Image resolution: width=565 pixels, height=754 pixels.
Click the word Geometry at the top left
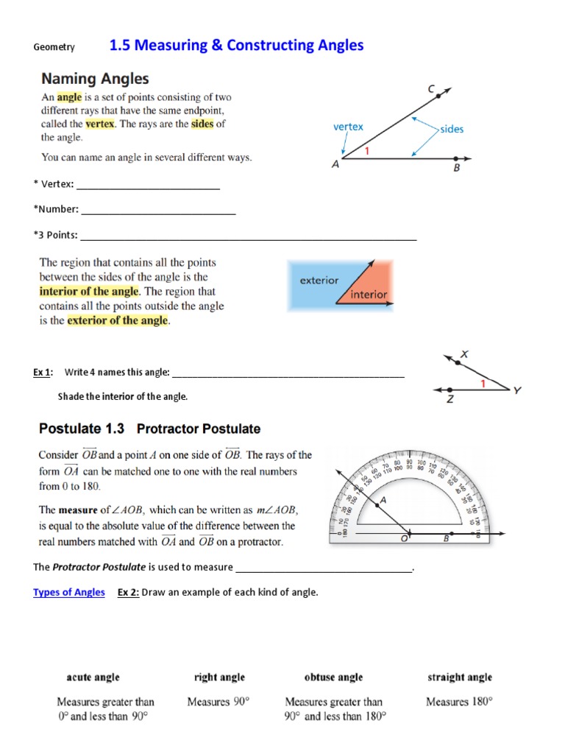coord(54,47)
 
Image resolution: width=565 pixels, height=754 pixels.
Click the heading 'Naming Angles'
coord(95,78)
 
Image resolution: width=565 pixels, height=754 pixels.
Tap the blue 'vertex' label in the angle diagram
coord(348,127)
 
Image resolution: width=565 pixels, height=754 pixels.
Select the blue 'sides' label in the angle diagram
coord(452,129)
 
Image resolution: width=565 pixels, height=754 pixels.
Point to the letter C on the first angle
coord(431,88)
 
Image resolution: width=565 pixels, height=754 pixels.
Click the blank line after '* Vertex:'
coord(148,185)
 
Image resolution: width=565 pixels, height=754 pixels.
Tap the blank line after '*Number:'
coord(158,210)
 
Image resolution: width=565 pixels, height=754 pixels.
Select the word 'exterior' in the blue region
coord(319,281)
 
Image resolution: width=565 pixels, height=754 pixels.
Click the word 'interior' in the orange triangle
coord(369,295)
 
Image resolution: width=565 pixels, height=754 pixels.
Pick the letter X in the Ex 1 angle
coord(463,354)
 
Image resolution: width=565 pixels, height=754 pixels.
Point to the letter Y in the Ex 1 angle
coord(517,390)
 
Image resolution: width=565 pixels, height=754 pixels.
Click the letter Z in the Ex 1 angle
coord(449,400)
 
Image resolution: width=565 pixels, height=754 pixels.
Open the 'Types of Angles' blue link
coord(69,592)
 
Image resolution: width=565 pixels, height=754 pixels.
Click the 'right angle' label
coord(219,677)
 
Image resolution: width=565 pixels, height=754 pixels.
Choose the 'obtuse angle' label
coord(333,677)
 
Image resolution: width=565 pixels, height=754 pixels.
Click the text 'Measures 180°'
coord(459,702)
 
